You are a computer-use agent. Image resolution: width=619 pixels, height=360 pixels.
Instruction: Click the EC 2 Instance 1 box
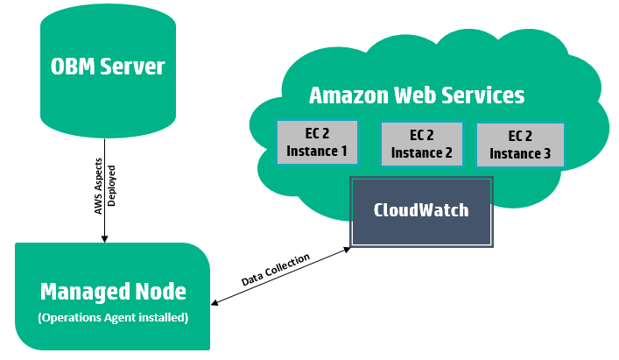[x=317, y=143]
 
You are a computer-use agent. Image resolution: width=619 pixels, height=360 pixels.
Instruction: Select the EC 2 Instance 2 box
[x=421, y=145]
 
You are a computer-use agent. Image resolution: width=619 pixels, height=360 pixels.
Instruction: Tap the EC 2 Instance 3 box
[x=520, y=145]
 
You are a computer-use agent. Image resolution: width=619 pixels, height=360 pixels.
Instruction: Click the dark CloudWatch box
[x=421, y=211]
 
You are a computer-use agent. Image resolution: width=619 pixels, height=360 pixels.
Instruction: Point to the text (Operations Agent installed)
[x=113, y=317]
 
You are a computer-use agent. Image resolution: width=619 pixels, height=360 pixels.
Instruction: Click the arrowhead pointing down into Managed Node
[x=105, y=237]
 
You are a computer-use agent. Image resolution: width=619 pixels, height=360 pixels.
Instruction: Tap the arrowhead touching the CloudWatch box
[x=347, y=249]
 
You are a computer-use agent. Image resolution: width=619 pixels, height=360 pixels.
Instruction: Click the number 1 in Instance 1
[x=342, y=151]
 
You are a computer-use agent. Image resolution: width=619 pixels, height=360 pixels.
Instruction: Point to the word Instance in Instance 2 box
[x=416, y=152]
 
